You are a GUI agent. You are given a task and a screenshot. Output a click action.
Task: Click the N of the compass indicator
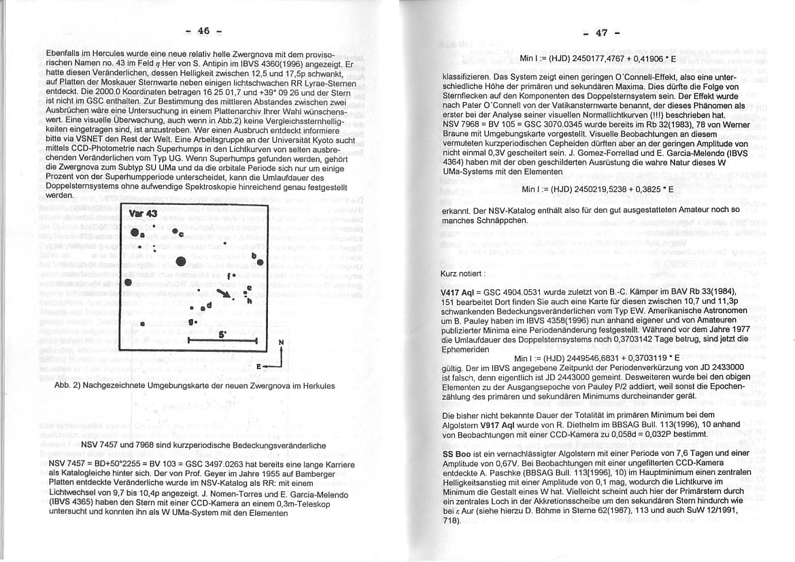[281, 342]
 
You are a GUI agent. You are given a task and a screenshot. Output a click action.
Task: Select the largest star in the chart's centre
[181, 261]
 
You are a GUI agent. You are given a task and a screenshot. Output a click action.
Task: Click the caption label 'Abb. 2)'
[67, 386]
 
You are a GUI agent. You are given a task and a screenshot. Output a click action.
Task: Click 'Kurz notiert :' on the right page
[463, 273]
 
